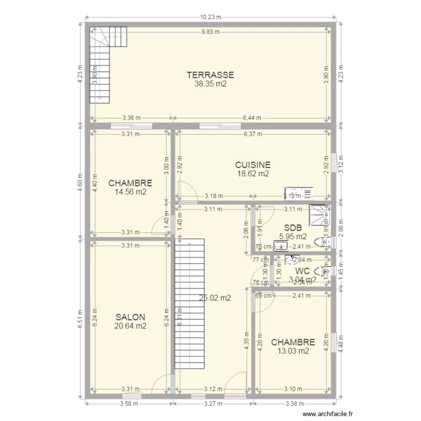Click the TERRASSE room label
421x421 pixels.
tap(210, 75)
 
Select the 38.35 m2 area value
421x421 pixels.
tap(210, 84)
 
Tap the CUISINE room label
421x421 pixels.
tap(253, 165)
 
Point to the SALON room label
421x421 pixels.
tap(130, 317)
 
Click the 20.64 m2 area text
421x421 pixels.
tap(130, 326)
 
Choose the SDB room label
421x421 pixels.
tap(293, 228)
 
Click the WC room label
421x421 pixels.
tap(302, 271)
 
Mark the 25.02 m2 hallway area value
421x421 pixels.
tap(214, 299)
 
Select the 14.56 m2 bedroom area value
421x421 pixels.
tap(130, 191)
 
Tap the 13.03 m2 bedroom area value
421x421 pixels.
tap(292, 351)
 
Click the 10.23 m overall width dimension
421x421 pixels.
tap(210, 17)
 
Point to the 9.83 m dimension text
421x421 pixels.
tap(210, 32)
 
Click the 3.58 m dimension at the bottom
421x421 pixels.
tap(129, 403)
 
